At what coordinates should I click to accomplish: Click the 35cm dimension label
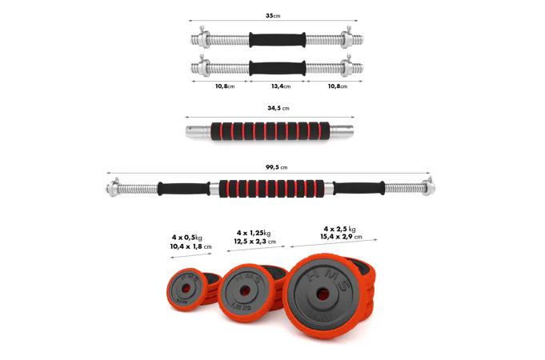(x=273, y=16)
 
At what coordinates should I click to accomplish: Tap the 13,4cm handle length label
(x=281, y=86)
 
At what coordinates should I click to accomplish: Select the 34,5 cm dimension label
(x=278, y=108)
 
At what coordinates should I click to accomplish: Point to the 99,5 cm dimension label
(x=277, y=167)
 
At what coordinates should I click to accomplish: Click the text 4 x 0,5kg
(x=187, y=238)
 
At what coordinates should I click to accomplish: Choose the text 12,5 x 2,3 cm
(x=255, y=241)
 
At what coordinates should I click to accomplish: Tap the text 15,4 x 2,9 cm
(x=341, y=237)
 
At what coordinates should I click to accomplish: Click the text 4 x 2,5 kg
(x=339, y=229)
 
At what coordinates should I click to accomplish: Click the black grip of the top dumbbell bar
(x=278, y=40)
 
